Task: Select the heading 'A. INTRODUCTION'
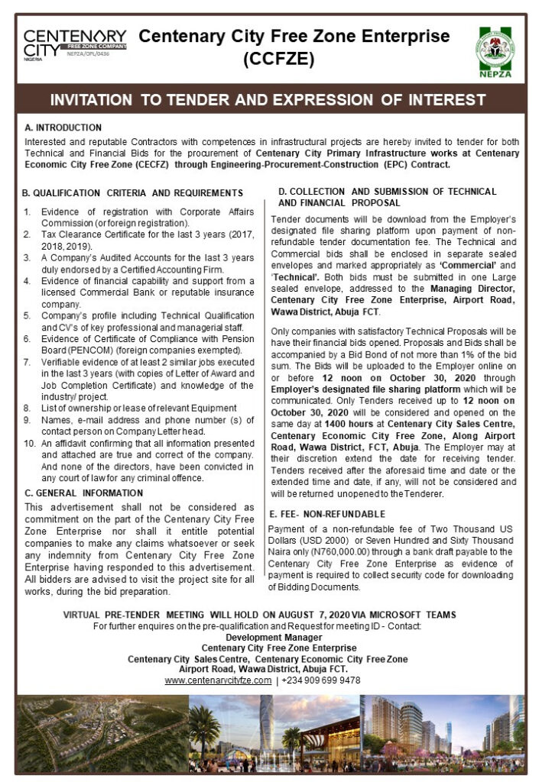[63, 128]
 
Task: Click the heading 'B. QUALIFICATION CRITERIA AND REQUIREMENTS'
[133, 192]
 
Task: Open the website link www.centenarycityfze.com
[218, 680]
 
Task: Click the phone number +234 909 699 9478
[321, 680]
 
